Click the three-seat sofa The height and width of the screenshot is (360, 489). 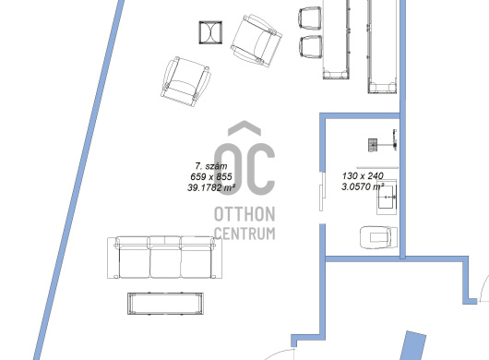pos(164,258)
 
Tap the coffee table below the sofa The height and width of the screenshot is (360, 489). pos(165,303)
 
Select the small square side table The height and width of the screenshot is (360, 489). pos(210,32)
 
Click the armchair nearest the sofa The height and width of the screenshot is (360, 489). pos(185,82)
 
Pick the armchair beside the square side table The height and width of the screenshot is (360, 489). pos(256,41)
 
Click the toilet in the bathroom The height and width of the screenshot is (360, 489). pos(378,237)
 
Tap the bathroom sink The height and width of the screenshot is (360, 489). pos(387,198)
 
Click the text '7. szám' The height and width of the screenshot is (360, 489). pos(211,166)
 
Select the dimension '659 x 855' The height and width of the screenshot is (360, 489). pos(211,177)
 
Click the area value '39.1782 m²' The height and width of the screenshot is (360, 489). pos(211,187)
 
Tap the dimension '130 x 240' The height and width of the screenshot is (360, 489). pos(363,176)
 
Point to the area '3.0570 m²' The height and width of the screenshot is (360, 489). pos(363,186)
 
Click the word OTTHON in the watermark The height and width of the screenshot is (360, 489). pos(244,214)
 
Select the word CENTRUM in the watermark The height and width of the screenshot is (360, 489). pos(244,234)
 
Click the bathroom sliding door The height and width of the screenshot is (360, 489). pos(323,191)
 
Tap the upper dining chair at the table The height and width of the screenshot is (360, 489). pos(310,18)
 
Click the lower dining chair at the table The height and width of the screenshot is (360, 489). pos(311,47)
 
